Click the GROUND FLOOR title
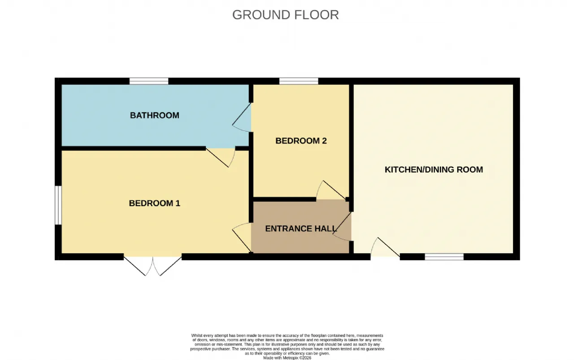286,15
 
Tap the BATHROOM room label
155,115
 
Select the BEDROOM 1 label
155,203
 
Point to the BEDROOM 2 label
301,141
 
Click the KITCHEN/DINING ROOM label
434,169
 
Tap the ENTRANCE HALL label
301,229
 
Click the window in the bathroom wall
149,81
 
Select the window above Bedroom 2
299,81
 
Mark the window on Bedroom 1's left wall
58,205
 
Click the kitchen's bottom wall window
444,257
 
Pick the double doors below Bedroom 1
153,264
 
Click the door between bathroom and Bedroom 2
242,117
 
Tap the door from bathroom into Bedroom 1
221,157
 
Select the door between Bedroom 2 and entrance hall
331,191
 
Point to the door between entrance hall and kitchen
342,226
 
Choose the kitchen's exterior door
385,247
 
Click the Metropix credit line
287,358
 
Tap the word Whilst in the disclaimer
196,335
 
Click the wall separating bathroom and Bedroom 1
134,148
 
